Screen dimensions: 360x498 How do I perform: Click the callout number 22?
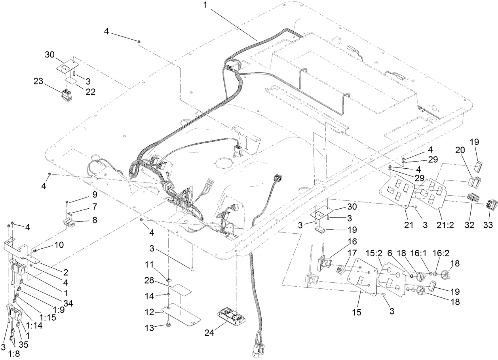[91, 91]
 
